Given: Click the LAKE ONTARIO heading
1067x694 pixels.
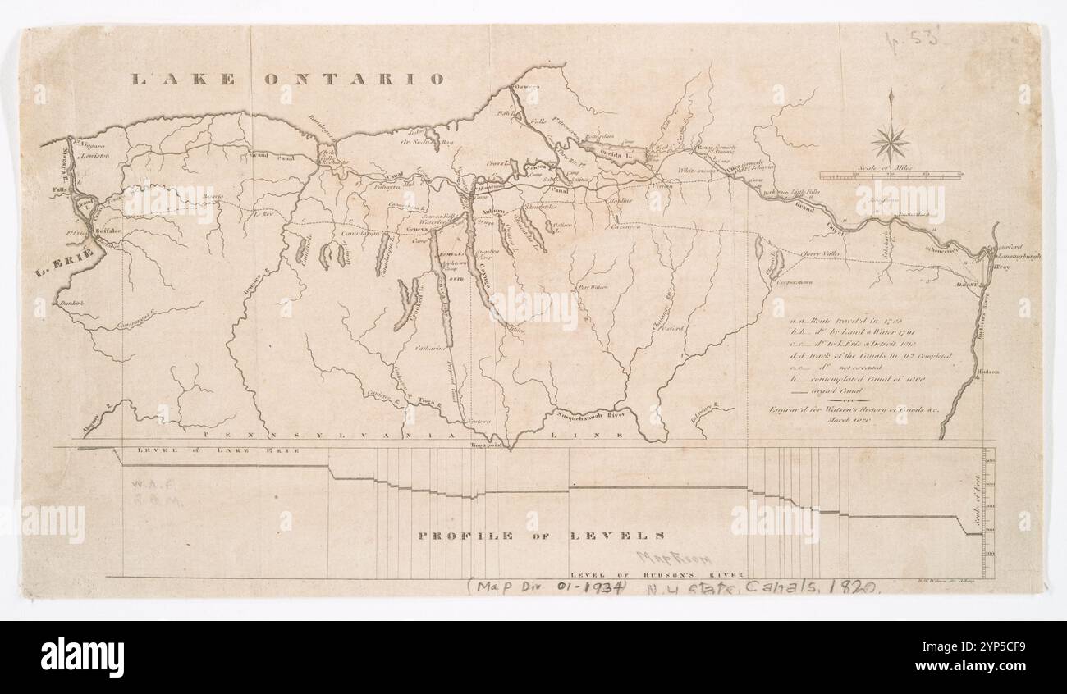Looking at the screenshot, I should pos(288,80).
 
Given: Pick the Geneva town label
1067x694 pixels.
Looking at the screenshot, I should pos(418,230).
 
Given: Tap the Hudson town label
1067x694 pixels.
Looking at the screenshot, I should pos(988,372).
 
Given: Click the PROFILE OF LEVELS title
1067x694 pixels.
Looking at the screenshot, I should pos(541,536).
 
